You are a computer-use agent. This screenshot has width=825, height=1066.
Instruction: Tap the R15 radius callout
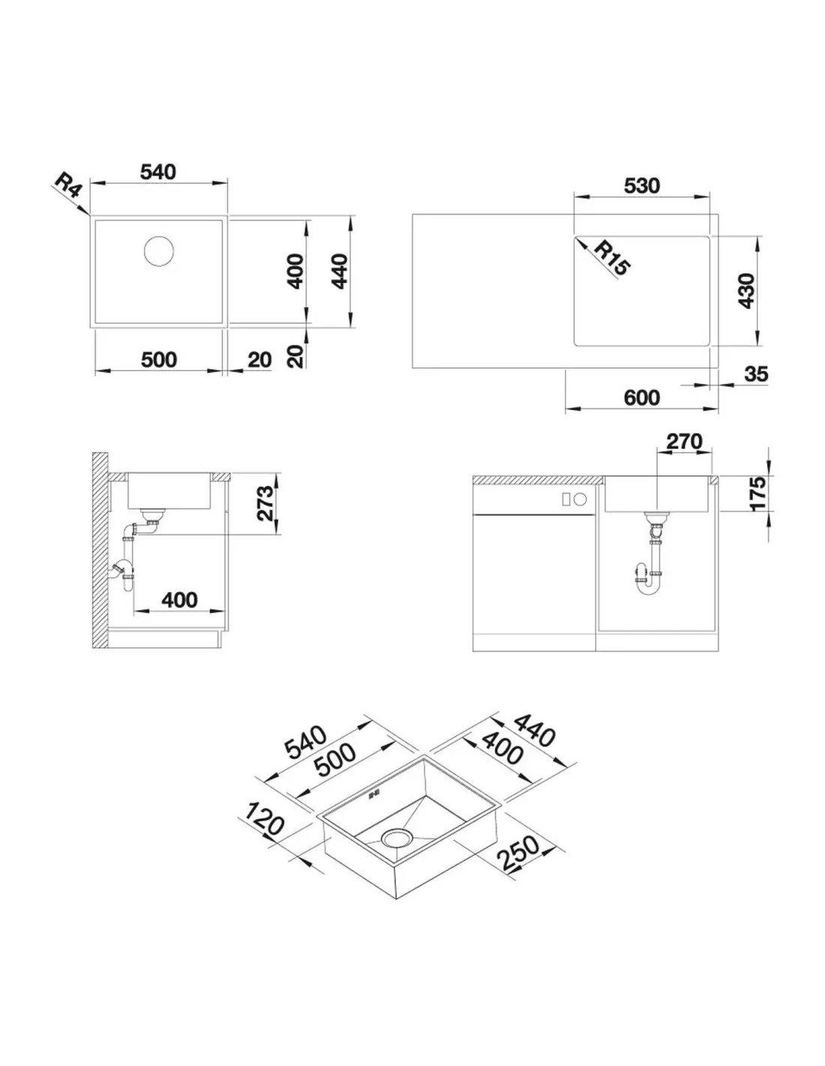pos(611,258)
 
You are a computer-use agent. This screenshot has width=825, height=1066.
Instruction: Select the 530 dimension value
pos(641,186)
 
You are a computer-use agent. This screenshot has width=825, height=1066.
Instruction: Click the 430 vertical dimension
pos(746,291)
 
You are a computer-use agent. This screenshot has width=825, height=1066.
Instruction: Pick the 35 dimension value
pos(755,374)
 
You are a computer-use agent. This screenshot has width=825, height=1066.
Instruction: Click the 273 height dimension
pos(264,503)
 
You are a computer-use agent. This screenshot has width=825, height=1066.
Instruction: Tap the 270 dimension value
pos(684,442)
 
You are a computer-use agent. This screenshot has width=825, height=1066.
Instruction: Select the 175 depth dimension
pos(758,493)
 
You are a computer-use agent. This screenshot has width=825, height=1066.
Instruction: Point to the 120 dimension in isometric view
pos(263,818)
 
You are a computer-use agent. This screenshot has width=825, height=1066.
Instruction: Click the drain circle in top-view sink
pos(158,250)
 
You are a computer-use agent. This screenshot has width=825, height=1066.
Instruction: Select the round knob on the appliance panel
pos(580,499)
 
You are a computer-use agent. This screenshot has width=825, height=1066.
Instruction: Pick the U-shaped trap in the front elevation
pos(649,579)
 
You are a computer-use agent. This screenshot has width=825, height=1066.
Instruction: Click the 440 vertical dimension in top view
pos(339,271)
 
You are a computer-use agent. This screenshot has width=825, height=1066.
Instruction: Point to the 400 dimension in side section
pos(179,600)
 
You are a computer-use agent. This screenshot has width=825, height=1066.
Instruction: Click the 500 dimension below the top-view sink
pos(158,360)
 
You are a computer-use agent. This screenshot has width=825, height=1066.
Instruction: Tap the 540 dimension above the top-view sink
pos(158,172)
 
